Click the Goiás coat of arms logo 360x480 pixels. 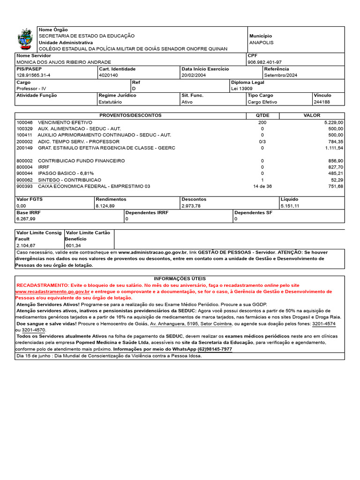[x=25, y=39]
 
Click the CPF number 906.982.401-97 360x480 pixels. [x=264, y=62]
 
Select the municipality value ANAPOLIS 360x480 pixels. [x=261, y=43]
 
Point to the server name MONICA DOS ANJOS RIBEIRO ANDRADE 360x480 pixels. [x=64, y=62]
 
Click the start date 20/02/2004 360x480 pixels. [x=194, y=75]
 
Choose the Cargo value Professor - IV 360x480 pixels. [x=31, y=89]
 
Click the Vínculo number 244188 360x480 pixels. [x=322, y=102]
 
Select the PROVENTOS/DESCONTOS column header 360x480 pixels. [x=130, y=115]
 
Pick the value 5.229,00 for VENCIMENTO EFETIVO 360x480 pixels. [x=333, y=122]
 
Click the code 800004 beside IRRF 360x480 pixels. [x=24, y=167]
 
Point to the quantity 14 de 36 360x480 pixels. [x=262, y=187]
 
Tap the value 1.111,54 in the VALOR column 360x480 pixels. [x=333, y=148]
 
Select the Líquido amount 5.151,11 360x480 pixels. [x=290, y=206]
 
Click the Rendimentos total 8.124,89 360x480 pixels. [x=105, y=206]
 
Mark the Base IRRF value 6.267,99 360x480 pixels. [x=26, y=219]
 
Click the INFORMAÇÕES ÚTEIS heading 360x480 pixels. [x=180, y=279]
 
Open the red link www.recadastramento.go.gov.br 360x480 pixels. [x=52, y=292]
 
